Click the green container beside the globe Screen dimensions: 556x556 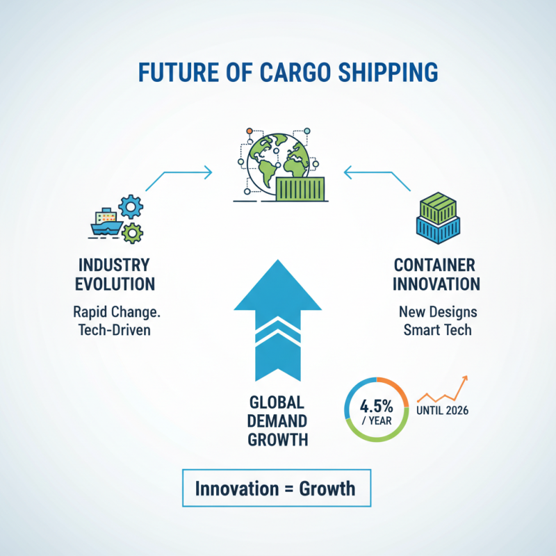(x=301, y=189)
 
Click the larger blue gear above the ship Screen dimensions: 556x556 (x=131, y=206)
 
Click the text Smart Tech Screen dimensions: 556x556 (x=437, y=329)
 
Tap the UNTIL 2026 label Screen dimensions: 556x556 (x=443, y=410)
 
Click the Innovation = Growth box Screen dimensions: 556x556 (x=275, y=488)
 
